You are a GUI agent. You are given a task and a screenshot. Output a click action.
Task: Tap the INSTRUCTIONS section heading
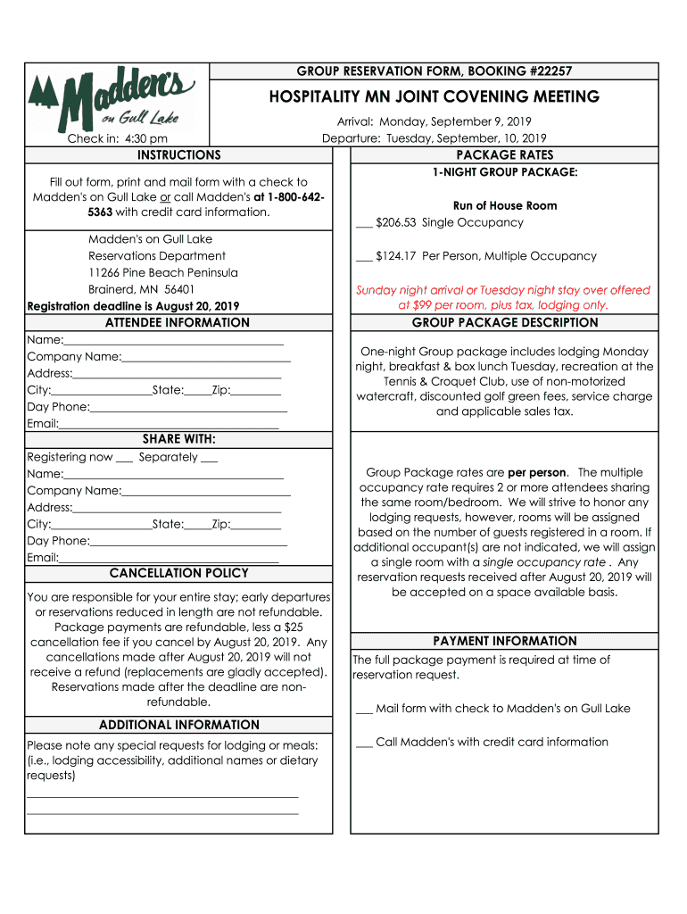pos(178,155)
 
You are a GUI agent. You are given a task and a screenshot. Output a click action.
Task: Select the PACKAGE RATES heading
pos(504,155)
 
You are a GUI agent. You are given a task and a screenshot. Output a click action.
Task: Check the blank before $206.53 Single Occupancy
pos(363,224)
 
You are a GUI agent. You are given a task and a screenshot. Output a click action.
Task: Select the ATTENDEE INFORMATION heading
pos(178,323)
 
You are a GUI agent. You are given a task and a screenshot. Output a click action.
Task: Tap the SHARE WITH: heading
pos(178,439)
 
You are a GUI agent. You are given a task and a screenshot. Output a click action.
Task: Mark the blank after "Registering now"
pos(124,459)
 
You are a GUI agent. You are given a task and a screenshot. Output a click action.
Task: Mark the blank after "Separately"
pos(210,459)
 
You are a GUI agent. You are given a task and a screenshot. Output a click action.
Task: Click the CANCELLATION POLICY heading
pos(178,573)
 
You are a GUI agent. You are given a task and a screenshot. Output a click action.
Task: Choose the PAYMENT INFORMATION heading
pos(504,641)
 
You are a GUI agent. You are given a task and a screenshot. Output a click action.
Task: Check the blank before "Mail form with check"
pos(363,710)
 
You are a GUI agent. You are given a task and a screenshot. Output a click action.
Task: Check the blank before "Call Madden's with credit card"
pos(363,744)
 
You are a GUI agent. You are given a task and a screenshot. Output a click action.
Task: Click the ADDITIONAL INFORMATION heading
pos(178,725)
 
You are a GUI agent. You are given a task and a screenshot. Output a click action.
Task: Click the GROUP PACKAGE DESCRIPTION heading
pos(504,323)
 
